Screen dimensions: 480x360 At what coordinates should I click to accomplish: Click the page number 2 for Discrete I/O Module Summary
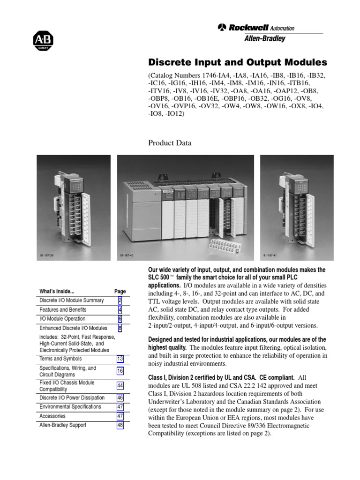[x=120, y=300]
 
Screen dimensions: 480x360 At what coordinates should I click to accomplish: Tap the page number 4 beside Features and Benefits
[x=120, y=310]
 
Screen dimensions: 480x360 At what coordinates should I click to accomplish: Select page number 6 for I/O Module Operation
[x=120, y=319]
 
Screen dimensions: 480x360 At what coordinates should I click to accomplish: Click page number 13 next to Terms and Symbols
[x=120, y=359]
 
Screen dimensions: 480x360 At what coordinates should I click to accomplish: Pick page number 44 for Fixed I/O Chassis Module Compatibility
[x=120, y=385]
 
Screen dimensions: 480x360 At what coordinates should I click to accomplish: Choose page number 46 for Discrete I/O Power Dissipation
[x=120, y=397]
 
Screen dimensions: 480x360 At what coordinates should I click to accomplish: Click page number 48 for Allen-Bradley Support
[x=120, y=425]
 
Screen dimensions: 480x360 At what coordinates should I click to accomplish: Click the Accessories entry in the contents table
[x=52, y=416]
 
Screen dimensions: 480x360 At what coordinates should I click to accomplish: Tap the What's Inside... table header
[x=57, y=291]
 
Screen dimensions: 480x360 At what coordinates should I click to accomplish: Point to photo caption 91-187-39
[x=47, y=255]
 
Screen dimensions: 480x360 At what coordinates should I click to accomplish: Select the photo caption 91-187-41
[x=270, y=255]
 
